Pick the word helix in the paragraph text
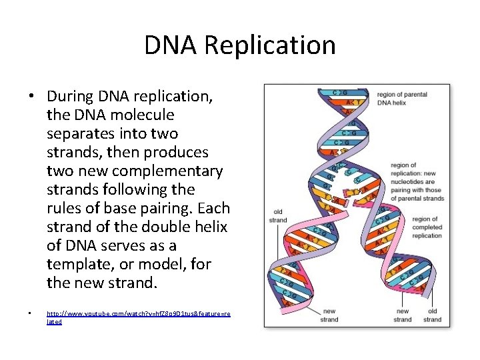210,227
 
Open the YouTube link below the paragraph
138,317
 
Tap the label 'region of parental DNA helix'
402,99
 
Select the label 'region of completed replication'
427,227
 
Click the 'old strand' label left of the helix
277,216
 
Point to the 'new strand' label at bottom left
329,315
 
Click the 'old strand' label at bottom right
432,315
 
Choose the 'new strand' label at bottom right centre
403,315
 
